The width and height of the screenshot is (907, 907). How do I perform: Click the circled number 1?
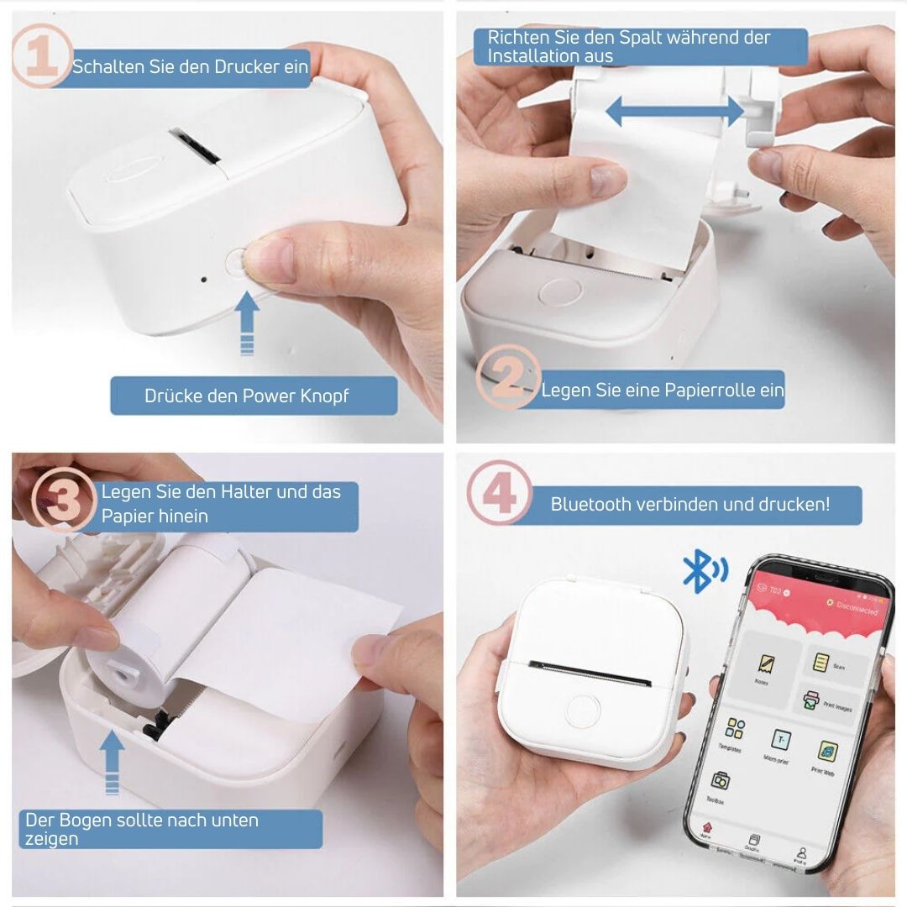point(39,55)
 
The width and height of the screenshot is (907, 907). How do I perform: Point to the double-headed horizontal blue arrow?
point(674,111)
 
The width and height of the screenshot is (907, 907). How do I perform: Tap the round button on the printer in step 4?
point(583,710)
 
